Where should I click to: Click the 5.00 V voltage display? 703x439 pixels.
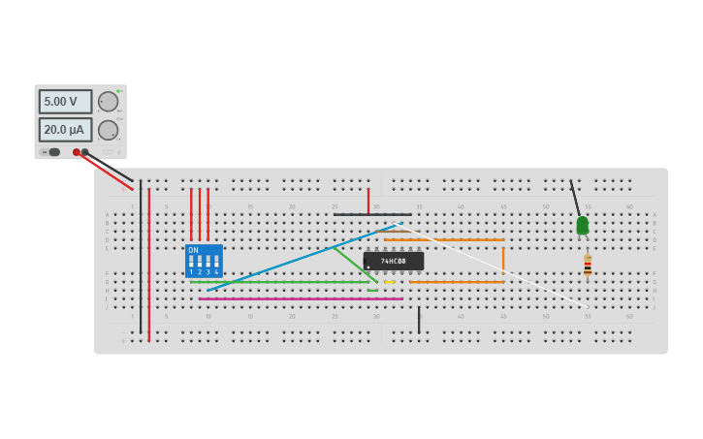point(65,102)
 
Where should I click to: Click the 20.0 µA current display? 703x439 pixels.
point(65,129)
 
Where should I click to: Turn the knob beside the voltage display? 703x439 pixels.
point(109,102)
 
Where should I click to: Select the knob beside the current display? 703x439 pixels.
point(109,129)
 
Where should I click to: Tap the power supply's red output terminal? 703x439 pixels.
point(77,152)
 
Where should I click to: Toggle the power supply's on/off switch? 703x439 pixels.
point(52,152)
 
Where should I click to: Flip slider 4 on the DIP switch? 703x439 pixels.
point(216,263)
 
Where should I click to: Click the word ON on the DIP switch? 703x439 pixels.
point(193,250)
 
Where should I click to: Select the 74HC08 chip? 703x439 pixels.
point(394,261)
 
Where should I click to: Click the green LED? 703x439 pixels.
point(582,225)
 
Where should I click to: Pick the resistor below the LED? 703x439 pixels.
point(588,265)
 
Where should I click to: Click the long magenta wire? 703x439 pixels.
point(301,298)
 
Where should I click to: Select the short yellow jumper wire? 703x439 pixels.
point(390,282)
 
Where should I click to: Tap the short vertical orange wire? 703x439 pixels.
point(503,259)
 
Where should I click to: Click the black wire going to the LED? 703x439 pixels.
point(575,198)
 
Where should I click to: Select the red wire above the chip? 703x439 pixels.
point(368,201)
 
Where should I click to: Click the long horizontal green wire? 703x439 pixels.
point(281,282)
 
